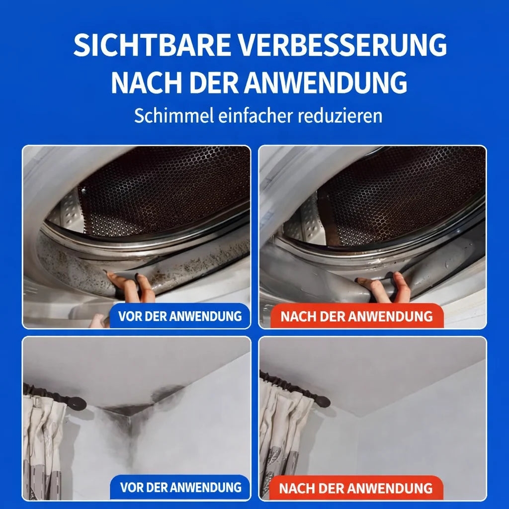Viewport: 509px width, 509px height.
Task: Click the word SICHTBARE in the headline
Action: click(x=152, y=44)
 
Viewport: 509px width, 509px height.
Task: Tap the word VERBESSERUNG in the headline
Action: click(x=343, y=44)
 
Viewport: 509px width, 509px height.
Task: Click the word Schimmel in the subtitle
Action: click(x=174, y=115)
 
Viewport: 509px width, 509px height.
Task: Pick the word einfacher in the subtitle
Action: click(x=255, y=115)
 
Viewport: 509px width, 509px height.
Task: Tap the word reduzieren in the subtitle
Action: click(x=340, y=115)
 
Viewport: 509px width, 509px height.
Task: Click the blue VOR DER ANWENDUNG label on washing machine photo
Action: click(x=179, y=316)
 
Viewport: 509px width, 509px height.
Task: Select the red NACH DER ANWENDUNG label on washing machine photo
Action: click(x=356, y=316)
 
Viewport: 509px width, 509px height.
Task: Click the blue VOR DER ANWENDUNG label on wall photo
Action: click(x=180, y=487)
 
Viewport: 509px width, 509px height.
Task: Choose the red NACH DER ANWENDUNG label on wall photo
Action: click(x=356, y=488)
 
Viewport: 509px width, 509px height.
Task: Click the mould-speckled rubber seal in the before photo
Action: click(x=143, y=259)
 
